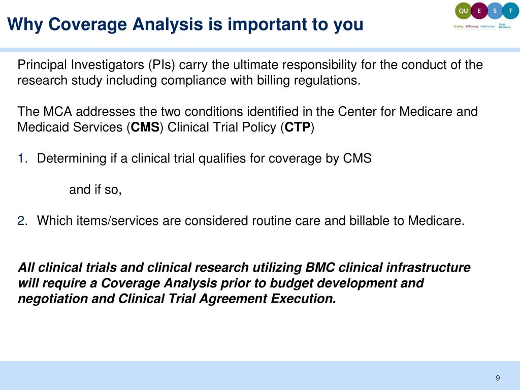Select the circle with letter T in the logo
click(x=509, y=11)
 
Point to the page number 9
click(x=498, y=378)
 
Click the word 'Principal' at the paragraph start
click(x=43, y=65)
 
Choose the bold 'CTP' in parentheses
click(x=297, y=127)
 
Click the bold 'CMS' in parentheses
click(x=145, y=127)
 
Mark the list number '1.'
click(x=23, y=158)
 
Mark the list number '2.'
click(x=23, y=221)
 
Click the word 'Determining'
click(x=72, y=158)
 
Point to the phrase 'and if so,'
click(x=95, y=190)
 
